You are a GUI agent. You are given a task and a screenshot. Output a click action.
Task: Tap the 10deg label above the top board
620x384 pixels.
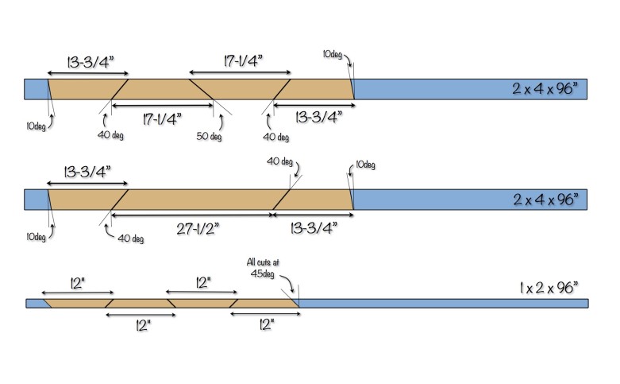coord(333,54)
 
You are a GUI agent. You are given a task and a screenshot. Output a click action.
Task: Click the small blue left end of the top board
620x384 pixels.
coord(35,88)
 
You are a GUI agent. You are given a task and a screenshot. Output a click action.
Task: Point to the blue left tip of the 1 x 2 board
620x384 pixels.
coord(33,303)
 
